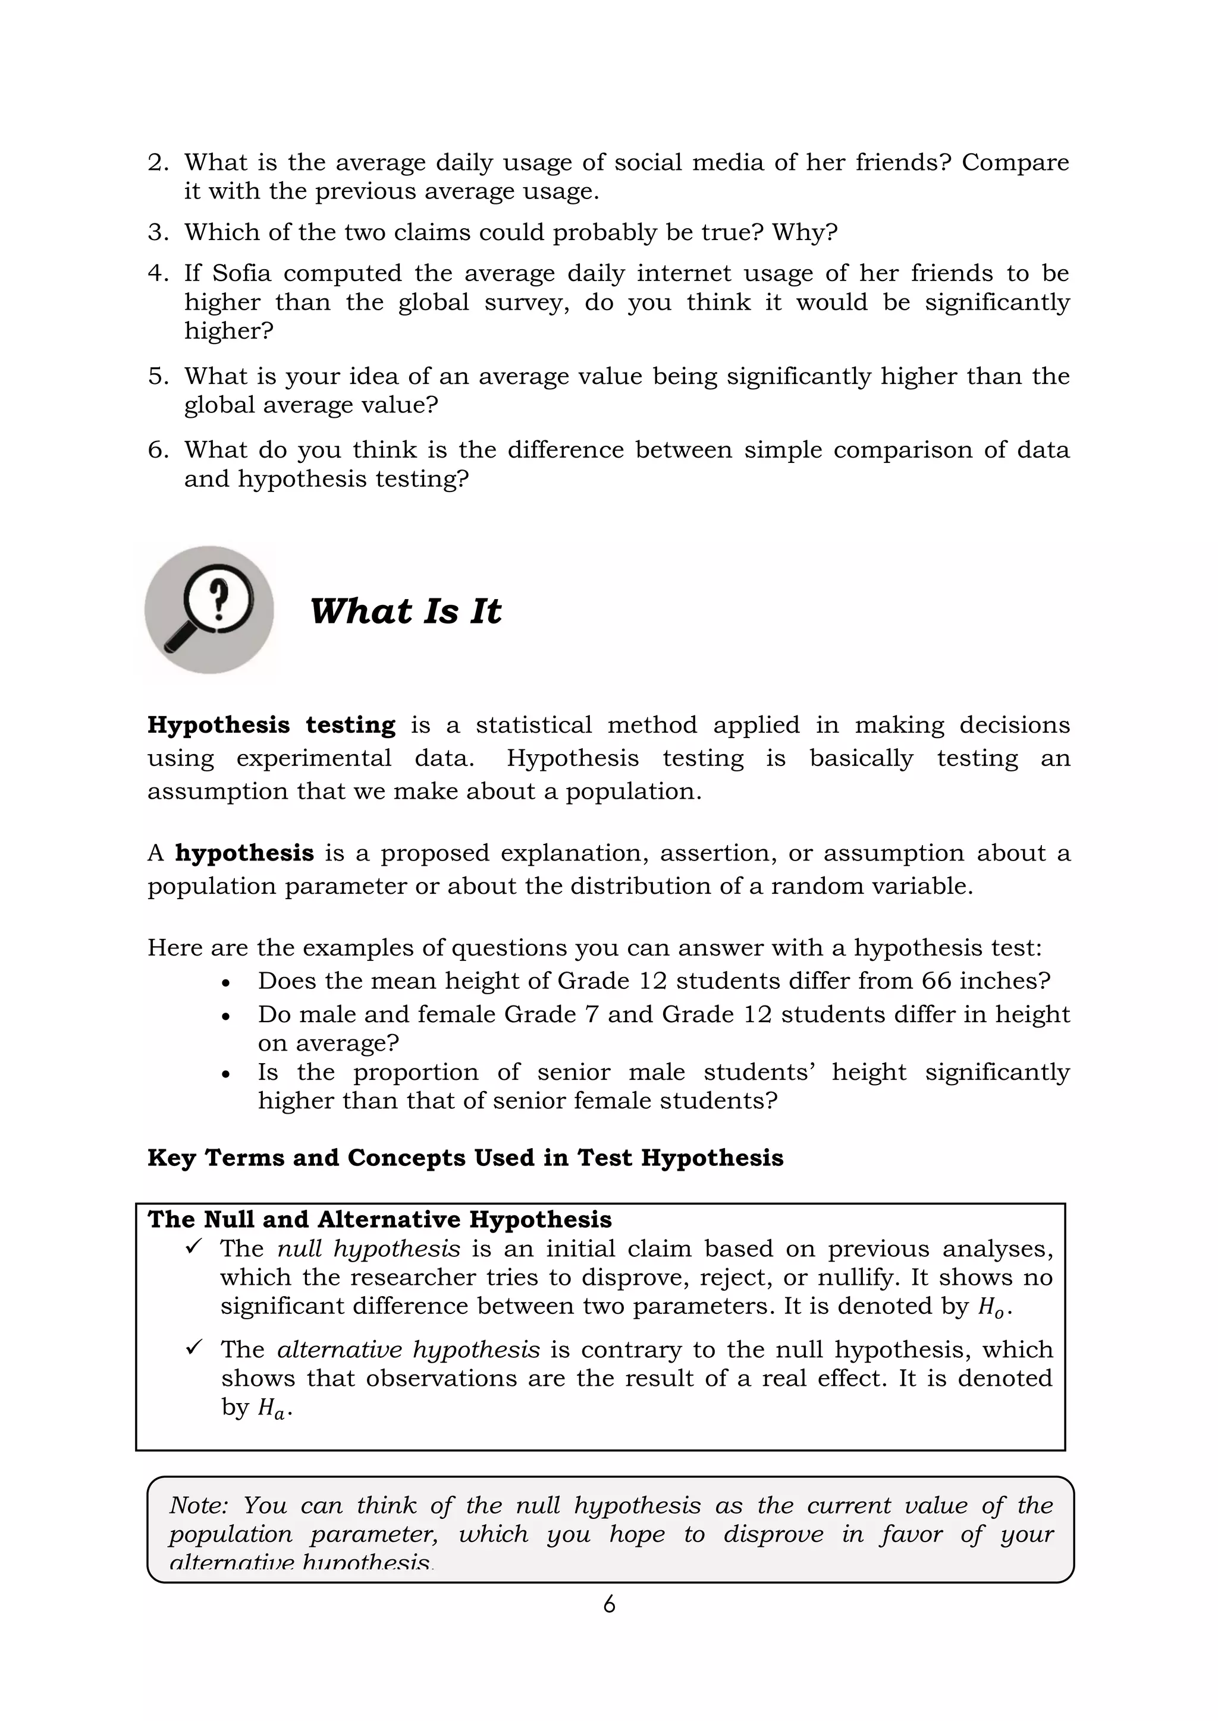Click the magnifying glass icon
click(x=209, y=609)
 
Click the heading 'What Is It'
click(x=405, y=611)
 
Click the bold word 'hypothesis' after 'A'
click(x=244, y=853)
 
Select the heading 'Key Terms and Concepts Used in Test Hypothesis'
click(x=465, y=1158)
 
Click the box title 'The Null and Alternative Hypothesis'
click(x=379, y=1219)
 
